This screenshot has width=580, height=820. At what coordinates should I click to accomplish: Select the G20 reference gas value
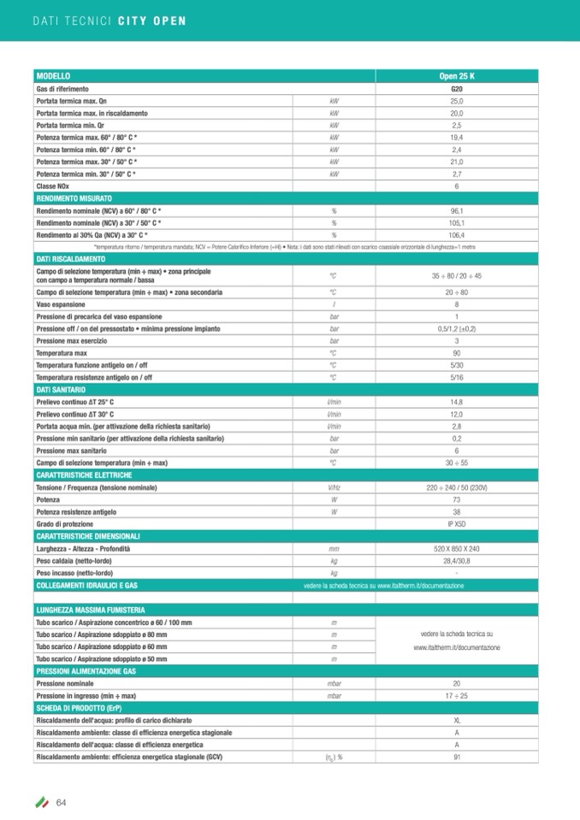[x=456, y=89]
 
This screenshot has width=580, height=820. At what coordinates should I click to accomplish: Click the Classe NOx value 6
[x=456, y=186]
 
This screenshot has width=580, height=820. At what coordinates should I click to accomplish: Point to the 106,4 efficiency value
[x=456, y=234]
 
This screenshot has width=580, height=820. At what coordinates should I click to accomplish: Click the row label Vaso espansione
[x=60, y=304]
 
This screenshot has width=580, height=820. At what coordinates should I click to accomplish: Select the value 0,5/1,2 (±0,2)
[x=456, y=328]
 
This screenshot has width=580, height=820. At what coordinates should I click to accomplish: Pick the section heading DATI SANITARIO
[x=60, y=389]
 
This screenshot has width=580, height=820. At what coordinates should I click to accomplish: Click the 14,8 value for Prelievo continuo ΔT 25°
[x=456, y=402]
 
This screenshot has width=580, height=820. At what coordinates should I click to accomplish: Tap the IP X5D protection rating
[x=456, y=523]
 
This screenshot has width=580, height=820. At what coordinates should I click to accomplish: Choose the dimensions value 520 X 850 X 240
[x=456, y=548]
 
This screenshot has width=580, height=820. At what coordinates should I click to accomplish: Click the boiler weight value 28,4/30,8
[x=456, y=560]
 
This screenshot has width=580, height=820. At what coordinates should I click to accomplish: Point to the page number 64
[x=62, y=801]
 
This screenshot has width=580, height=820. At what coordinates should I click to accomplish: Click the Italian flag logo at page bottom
[x=41, y=801]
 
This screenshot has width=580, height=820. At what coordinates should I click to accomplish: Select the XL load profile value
[x=456, y=721]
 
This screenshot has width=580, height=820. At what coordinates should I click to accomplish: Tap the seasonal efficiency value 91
[x=456, y=757]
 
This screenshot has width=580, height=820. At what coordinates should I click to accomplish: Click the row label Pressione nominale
[x=64, y=684]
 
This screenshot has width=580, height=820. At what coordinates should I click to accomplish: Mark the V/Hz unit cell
[x=334, y=487]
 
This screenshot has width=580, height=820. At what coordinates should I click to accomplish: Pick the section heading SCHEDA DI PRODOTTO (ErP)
[x=77, y=709]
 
